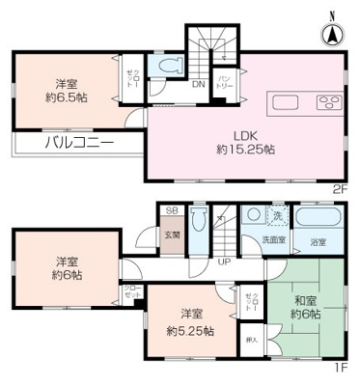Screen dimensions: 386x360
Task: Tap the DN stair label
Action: pos(198,86)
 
